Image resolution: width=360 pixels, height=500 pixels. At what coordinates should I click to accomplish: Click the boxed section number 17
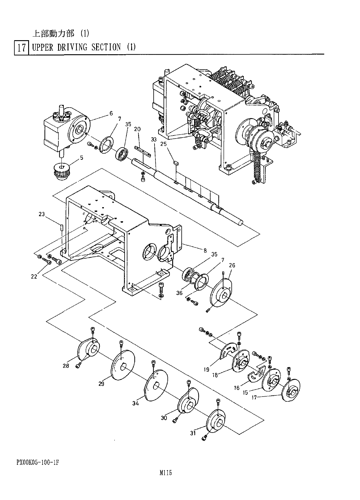click(21, 48)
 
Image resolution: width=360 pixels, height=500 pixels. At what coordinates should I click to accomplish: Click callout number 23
click(42, 214)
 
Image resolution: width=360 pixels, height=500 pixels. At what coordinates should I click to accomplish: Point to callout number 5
click(82, 158)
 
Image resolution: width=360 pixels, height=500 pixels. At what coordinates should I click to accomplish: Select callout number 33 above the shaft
click(154, 139)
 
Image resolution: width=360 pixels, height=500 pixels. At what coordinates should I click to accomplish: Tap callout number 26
click(232, 265)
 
